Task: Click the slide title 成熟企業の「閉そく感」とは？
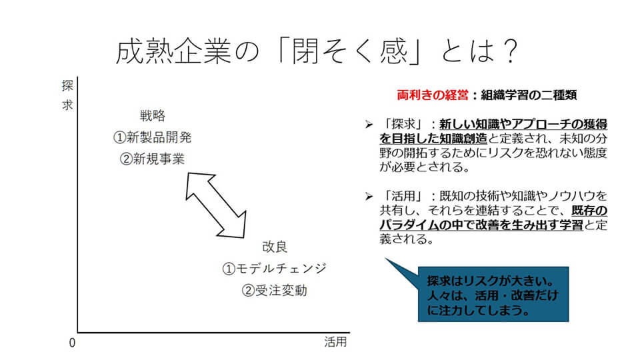point(317,51)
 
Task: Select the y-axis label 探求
point(67,95)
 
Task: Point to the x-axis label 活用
point(335,342)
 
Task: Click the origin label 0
point(72,343)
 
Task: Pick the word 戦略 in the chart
point(153,116)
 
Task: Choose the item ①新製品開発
point(152,137)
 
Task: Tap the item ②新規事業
point(152,159)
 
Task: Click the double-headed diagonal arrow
point(216,205)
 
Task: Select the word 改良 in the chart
point(275,247)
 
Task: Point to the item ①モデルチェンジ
point(274,269)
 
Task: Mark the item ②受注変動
point(274,291)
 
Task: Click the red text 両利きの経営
point(433,95)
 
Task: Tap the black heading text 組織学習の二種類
point(529,95)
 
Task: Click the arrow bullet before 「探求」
point(369,125)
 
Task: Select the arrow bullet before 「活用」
point(369,197)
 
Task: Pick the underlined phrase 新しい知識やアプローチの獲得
point(523,124)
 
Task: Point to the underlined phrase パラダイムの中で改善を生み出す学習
point(481,225)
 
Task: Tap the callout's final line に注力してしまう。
point(479,310)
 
